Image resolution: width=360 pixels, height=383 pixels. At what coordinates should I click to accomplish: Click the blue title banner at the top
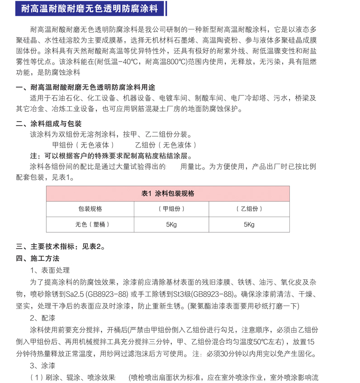tap(91, 8)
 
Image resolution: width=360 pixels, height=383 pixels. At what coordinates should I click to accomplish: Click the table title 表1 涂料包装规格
tap(168, 194)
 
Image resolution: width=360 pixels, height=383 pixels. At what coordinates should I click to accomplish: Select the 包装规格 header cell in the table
tap(90, 209)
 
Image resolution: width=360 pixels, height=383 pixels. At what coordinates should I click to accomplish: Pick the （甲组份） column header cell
tap(171, 209)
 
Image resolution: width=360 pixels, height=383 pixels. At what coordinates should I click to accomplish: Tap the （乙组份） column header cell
tap(249, 209)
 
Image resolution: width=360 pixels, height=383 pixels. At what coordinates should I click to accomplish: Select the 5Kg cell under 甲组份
tap(171, 225)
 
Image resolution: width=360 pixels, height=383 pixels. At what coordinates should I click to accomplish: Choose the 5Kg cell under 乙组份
tap(249, 225)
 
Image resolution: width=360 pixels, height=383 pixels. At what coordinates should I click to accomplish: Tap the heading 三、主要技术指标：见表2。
tap(61, 247)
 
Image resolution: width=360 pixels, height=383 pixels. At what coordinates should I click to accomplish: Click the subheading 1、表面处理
tap(50, 270)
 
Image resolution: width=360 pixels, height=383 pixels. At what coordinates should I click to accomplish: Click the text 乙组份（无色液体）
tap(166, 146)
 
